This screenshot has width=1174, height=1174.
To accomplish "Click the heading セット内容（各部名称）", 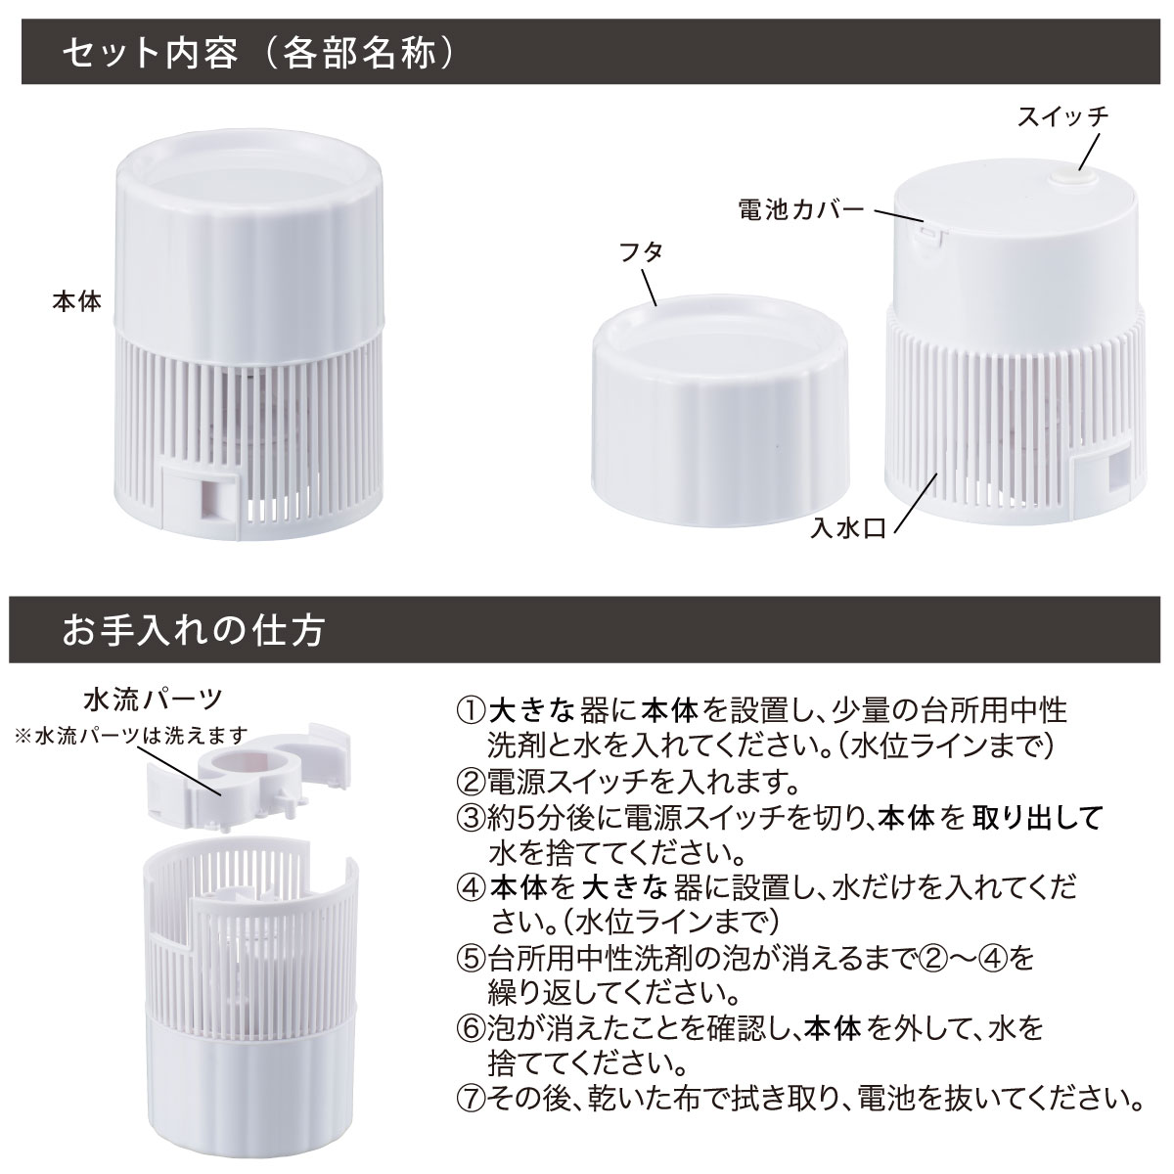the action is click(258, 54).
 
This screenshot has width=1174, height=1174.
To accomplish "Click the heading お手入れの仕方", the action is click(193, 630).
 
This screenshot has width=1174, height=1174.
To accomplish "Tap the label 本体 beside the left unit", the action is click(76, 301).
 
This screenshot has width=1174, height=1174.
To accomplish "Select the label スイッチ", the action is click(1062, 116).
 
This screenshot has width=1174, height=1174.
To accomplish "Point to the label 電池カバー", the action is click(801, 209).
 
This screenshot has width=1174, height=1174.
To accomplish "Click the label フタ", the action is click(641, 252).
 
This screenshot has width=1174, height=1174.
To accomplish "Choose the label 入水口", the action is click(848, 527).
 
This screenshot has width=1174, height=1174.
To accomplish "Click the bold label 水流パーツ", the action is click(153, 701).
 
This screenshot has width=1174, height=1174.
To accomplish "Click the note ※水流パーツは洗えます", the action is click(132, 736).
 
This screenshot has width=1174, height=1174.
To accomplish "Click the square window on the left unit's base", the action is click(209, 499).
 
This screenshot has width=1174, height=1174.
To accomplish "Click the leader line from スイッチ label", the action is click(1089, 153).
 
